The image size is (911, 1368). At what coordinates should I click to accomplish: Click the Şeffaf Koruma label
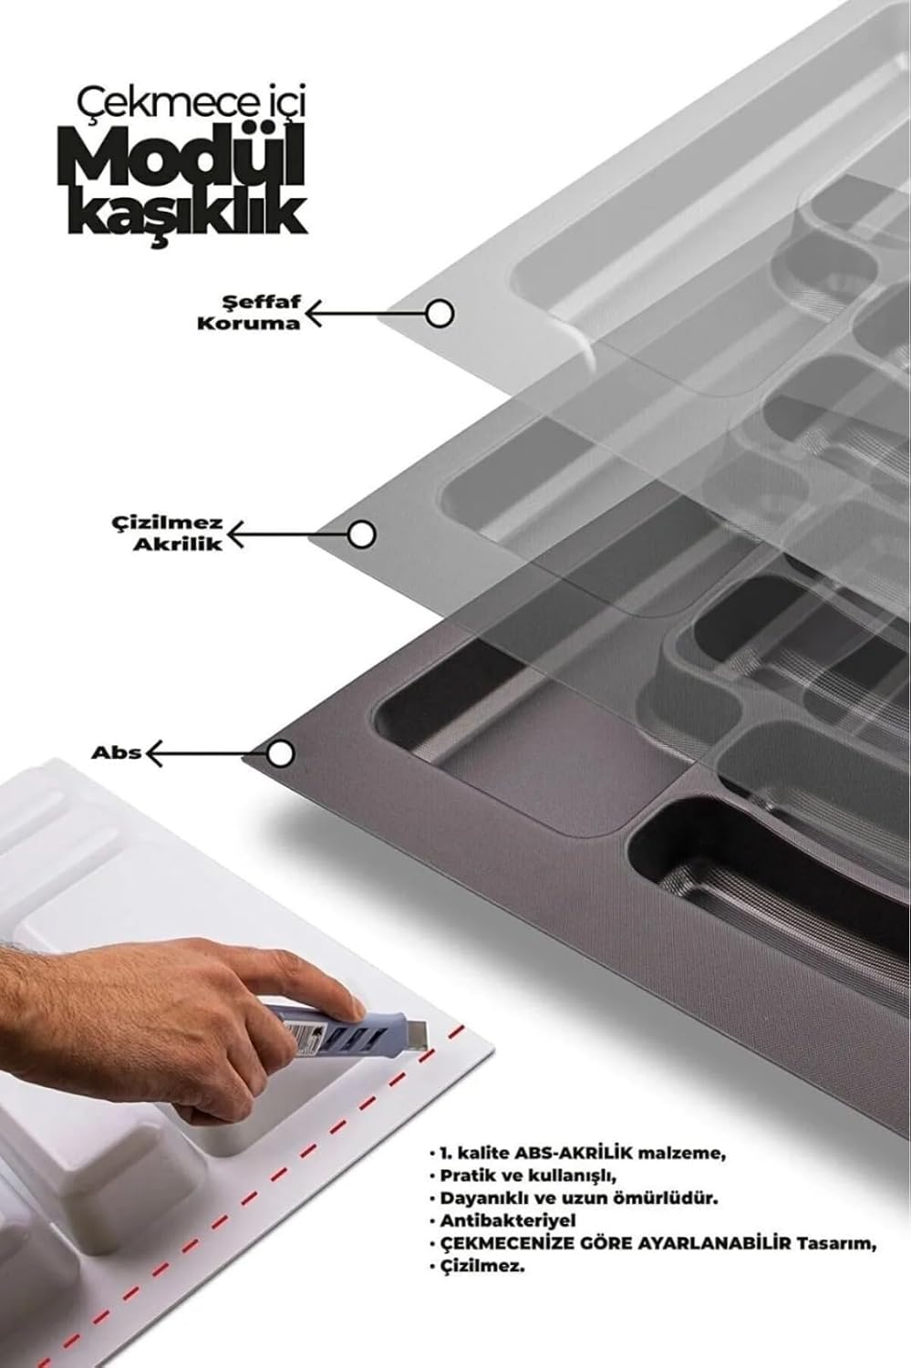[x=249, y=313]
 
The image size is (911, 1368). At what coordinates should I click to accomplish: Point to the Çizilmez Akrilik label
[x=168, y=534]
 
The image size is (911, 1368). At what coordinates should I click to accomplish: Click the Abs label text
[x=116, y=753]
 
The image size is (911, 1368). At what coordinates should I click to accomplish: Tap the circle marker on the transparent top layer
[x=439, y=314]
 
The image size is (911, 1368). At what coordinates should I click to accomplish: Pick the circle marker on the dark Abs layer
[x=280, y=754]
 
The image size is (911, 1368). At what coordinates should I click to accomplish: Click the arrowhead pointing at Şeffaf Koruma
[x=313, y=314]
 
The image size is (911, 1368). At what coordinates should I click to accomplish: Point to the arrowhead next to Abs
[x=153, y=753]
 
